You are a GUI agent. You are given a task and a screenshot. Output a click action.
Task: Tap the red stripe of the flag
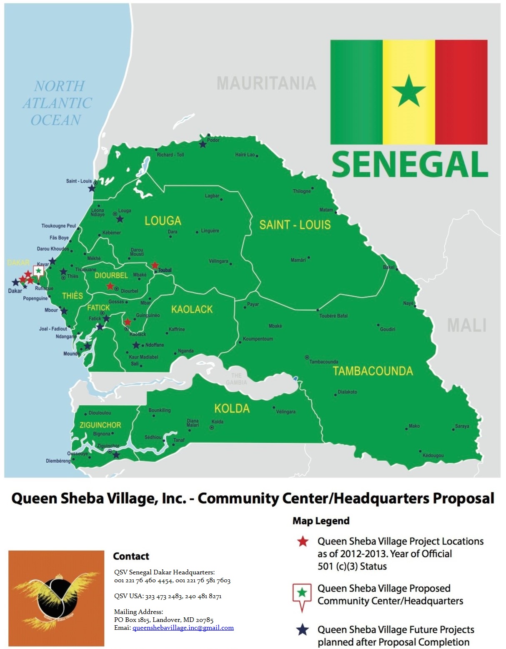[x=461, y=92]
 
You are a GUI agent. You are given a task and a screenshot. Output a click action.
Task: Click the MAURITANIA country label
[x=266, y=83]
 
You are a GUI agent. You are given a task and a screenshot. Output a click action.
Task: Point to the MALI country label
[x=466, y=325]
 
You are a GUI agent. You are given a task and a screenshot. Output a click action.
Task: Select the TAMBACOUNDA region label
[x=373, y=371]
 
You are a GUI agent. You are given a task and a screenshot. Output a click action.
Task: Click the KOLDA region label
[x=232, y=408]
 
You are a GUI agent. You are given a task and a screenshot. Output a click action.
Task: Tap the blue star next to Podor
[x=203, y=145]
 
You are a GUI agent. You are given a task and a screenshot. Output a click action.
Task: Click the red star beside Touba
[x=155, y=265]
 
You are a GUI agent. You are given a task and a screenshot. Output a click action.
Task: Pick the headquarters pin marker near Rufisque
[x=38, y=271]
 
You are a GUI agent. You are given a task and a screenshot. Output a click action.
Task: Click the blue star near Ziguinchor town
[x=116, y=455]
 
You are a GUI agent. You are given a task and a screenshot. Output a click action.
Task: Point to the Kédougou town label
[x=433, y=456]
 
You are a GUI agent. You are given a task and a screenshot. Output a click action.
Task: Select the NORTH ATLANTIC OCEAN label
[x=57, y=103]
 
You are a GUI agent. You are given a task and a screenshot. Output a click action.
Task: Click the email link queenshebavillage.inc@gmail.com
[x=183, y=628]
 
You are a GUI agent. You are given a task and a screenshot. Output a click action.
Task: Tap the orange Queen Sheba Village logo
[x=56, y=598]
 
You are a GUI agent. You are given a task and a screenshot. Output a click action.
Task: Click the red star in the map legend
[x=303, y=541]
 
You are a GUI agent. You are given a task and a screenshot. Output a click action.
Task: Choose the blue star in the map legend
[x=303, y=630]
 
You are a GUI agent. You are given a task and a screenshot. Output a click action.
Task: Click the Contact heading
[x=131, y=556]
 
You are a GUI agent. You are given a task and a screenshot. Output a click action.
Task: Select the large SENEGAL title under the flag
[x=409, y=164]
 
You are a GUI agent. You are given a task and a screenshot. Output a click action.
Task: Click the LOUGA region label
[x=163, y=221]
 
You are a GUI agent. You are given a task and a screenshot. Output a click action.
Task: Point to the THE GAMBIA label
[x=236, y=379]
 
